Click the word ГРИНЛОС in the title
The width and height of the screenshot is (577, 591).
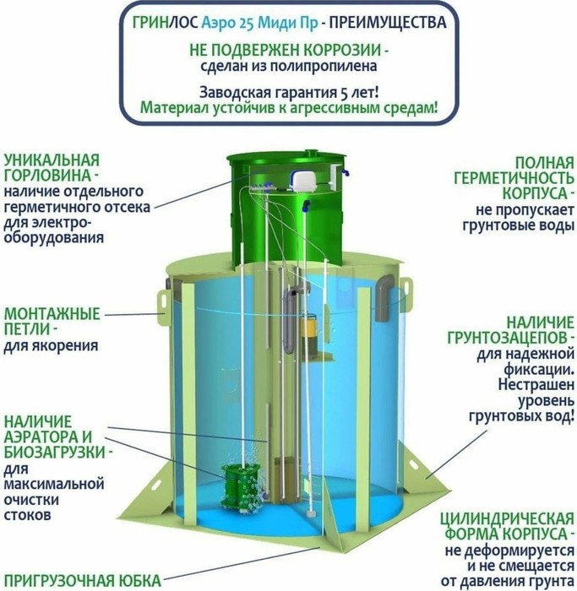click(x=165, y=23)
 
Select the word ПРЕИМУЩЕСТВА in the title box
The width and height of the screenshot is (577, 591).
click(x=388, y=23)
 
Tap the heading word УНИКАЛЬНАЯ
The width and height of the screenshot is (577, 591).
click(x=52, y=160)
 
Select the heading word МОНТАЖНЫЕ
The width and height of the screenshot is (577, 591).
click(x=52, y=314)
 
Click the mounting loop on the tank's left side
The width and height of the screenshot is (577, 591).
click(x=163, y=301)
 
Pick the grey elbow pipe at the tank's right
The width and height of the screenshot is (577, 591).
click(x=384, y=295)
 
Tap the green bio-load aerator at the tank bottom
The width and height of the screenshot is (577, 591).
click(x=241, y=486)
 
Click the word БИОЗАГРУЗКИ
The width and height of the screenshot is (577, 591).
click(x=54, y=453)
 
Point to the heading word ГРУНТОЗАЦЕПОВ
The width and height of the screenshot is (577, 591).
click(x=508, y=338)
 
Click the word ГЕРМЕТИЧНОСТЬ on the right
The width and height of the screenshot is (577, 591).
click(x=514, y=178)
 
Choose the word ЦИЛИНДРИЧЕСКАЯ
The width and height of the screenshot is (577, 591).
click(x=507, y=518)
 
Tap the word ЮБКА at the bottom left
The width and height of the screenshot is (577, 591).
click(x=139, y=581)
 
